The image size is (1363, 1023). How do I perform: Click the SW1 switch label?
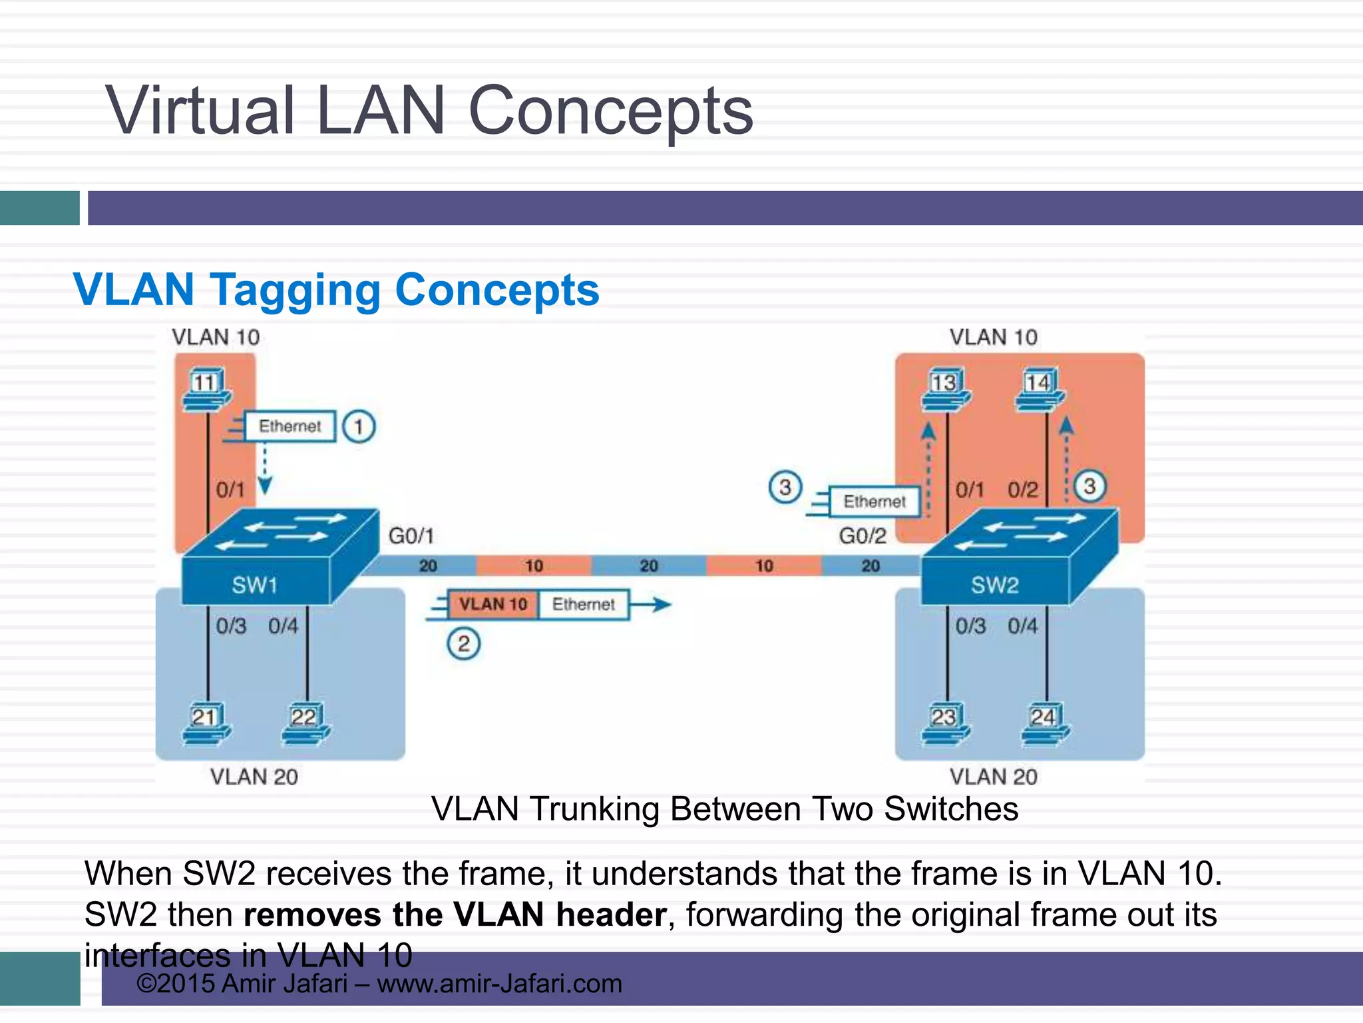[254, 585]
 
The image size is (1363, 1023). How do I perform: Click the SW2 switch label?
[994, 585]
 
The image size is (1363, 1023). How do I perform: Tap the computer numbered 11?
[206, 390]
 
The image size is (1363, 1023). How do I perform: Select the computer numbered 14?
[1039, 390]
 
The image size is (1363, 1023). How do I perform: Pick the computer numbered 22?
[305, 724]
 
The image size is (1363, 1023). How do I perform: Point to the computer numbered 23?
[945, 724]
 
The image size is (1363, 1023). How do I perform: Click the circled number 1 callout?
[359, 426]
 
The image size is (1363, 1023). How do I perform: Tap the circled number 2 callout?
[463, 644]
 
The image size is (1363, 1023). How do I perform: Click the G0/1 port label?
[411, 535]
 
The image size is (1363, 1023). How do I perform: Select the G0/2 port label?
[863, 535]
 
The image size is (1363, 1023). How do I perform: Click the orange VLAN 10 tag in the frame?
[492, 604]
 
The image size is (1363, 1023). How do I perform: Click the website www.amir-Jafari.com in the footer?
[499, 984]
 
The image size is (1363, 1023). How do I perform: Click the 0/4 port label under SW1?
[284, 626]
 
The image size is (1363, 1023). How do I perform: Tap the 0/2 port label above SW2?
[1022, 490]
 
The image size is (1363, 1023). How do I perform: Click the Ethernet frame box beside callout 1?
[290, 426]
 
